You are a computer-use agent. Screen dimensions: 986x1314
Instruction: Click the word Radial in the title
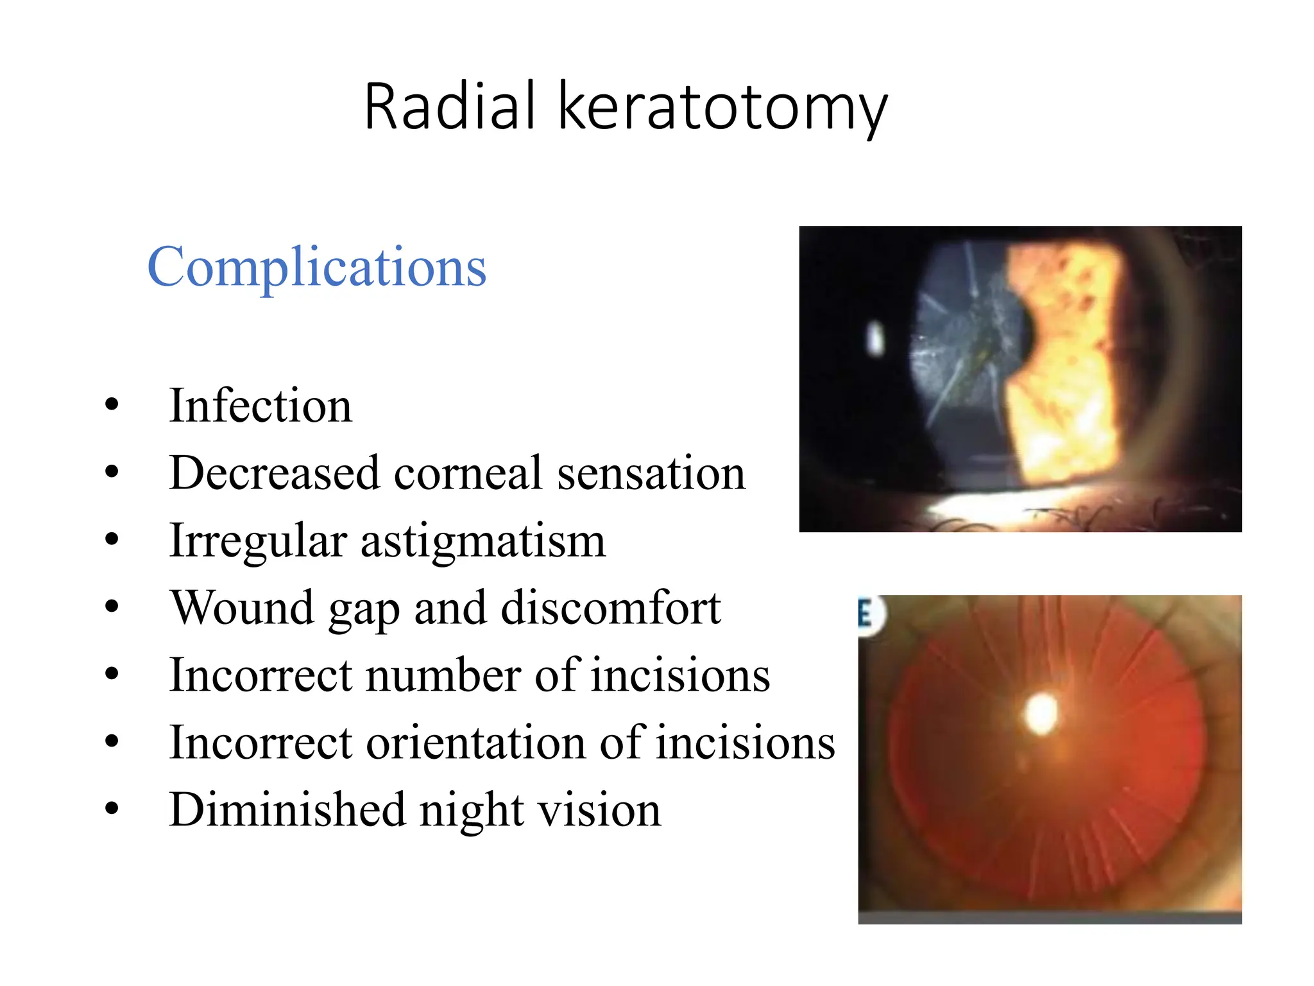tap(449, 107)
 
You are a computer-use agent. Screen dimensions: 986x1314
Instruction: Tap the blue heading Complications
tap(317, 266)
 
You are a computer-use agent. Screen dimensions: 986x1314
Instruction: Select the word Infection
tap(260, 406)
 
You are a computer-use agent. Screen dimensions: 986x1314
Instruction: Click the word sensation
tap(651, 473)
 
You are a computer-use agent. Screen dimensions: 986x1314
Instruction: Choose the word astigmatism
tap(483, 542)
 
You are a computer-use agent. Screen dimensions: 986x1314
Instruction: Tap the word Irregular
tap(259, 541)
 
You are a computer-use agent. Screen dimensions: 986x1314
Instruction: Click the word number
tap(443, 675)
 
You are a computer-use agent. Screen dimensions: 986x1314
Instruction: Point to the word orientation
tap(475, 743)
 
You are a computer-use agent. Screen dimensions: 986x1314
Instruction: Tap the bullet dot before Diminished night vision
tap(112, 809)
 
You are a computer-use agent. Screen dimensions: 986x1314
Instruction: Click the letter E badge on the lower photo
tap(867, 615)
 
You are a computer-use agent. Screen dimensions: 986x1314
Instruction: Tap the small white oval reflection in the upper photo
tap(875, 338)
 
